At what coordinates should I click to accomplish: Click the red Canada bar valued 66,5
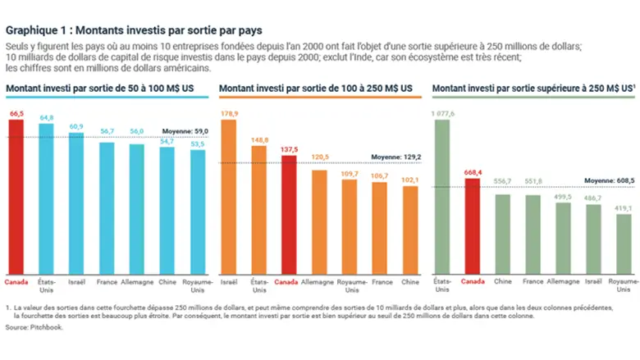click(x=16, y=197)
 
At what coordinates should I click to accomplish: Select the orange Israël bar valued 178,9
click(x=229, y=197)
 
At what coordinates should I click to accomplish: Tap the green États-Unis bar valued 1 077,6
click(x=441, y=197)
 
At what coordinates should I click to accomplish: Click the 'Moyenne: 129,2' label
click(x=396, y=155)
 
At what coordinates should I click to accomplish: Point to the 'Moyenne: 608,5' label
click(x=609, y=180)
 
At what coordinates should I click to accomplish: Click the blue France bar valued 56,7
click(x=107, y=209)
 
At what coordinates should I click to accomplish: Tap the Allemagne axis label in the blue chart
click(x=136, y=282)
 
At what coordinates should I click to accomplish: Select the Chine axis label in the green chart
click(x=502, y=282)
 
